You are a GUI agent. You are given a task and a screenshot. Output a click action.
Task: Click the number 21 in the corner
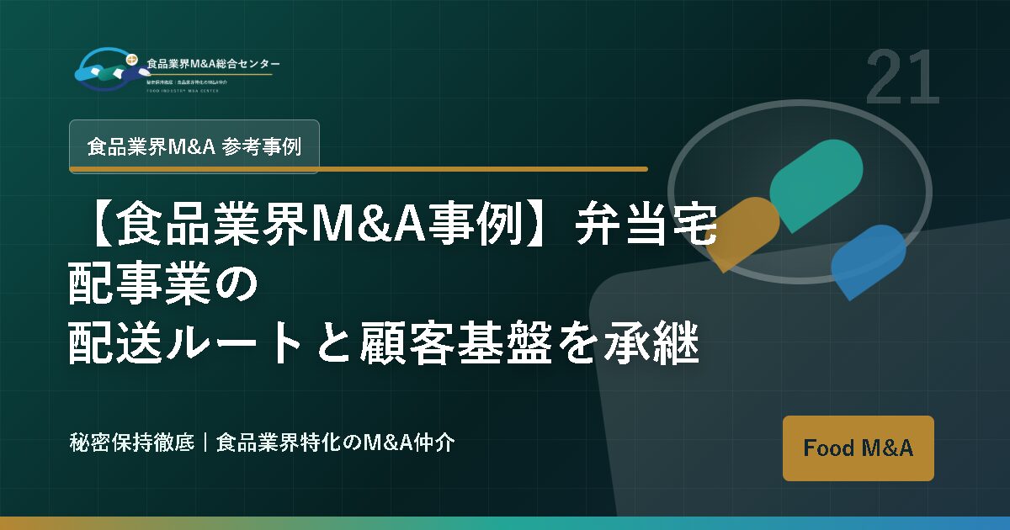pyautogui.click(x=901, y=78)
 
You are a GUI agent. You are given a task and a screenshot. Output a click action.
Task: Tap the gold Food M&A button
pyautogui.click(x=858, y=448)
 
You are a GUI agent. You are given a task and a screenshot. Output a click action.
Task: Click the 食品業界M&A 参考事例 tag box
pyautogui.click(x=194, y=146)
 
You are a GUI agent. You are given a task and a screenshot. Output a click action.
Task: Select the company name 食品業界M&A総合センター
pyautogui.click(x=214, y=64)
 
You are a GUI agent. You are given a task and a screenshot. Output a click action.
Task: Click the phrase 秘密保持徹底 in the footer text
pyautogui.click(x=132, y=442)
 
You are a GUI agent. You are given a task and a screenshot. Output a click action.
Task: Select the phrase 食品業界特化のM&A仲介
pyautogui.click(x=336, y=442)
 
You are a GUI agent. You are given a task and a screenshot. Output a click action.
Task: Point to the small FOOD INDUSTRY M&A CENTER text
pyautogui.click(x=182, y=90)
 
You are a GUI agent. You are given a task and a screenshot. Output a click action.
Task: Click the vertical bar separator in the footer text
pyautogui.click(x=205, y=442)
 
